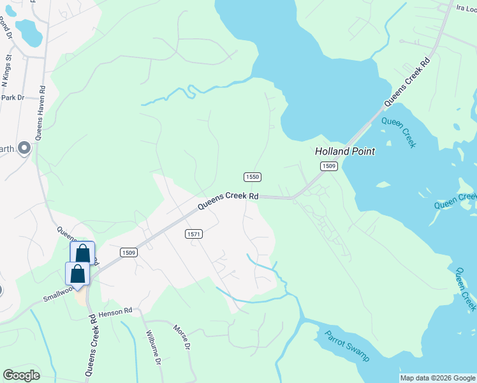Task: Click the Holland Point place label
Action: point(345,151)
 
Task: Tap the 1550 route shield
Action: point(253,176)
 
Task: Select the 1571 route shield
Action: point(194,234)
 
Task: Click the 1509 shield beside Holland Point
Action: point(328,166)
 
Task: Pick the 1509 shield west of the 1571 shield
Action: point(128,252)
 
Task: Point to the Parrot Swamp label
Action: point(347,345)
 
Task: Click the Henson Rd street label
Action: point(115,310)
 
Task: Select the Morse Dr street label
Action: point(182,336)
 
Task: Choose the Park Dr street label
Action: point(12,98)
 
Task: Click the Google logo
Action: point(22,375)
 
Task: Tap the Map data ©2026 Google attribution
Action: point(437,378)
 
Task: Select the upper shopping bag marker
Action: point(82,253)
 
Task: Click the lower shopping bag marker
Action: point(77,273)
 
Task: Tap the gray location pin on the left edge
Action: point(24,148)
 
